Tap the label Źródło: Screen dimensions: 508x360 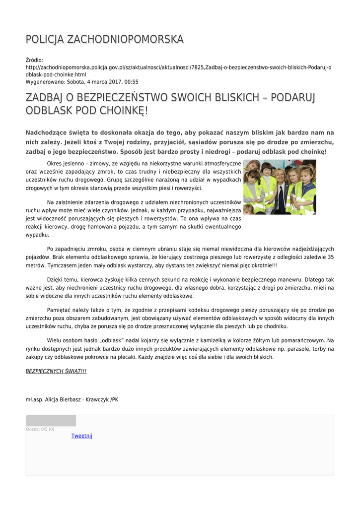[34, 60]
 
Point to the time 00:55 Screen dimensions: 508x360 [131, 82]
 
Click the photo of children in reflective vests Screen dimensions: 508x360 [280, 187]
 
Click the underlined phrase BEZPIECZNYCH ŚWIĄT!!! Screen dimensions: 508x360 [56, 371]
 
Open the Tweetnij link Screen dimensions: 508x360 [82, 436]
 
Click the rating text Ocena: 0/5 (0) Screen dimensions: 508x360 [40, 429]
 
